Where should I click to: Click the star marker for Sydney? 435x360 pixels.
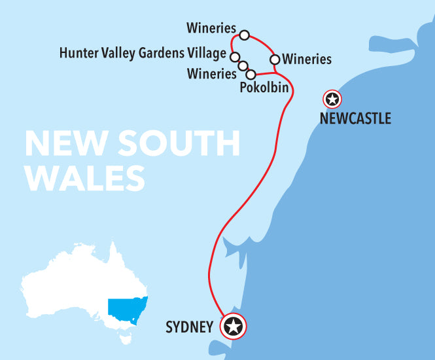coord(234,325)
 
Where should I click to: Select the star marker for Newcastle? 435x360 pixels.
coord(332,99)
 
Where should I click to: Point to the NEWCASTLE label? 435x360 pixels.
coord(355,118)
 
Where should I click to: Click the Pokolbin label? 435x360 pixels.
coord(264,87)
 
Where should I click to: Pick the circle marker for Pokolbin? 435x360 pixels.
coord(251,74)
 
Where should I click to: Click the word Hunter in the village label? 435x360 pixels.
coord(77,53)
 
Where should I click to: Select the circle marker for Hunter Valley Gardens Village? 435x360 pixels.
coord(234,56)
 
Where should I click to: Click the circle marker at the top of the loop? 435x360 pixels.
coord(244,35)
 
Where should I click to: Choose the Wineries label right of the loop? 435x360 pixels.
coord(307,60)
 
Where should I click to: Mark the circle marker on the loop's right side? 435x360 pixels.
coord(275,60)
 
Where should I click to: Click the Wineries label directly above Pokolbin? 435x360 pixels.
coord(211,73)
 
